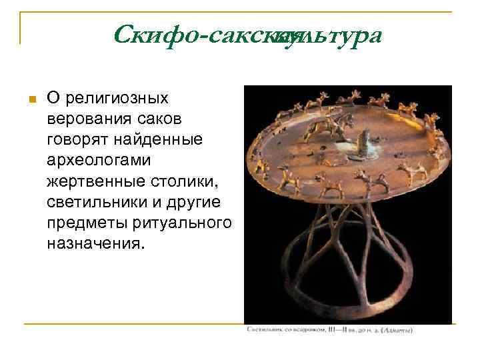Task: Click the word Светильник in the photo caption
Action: [x=265, y=329]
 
